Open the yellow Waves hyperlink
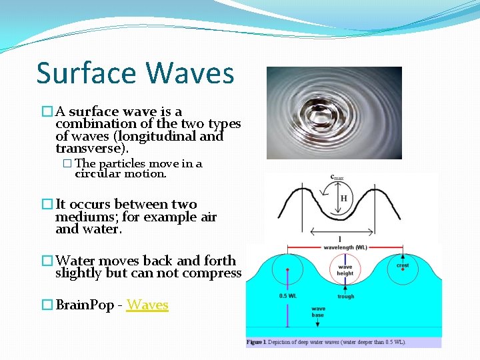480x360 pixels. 147,305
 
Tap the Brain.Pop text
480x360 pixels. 85,305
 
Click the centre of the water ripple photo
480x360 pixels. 334,113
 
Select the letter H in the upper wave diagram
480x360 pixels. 344,199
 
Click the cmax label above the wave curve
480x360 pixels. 337,177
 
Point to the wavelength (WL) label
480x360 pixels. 345,247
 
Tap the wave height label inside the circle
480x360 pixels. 345,269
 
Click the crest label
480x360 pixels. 403,265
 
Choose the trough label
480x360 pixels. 345,297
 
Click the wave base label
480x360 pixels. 318,312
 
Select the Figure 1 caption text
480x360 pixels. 326,342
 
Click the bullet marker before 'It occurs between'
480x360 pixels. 47,205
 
